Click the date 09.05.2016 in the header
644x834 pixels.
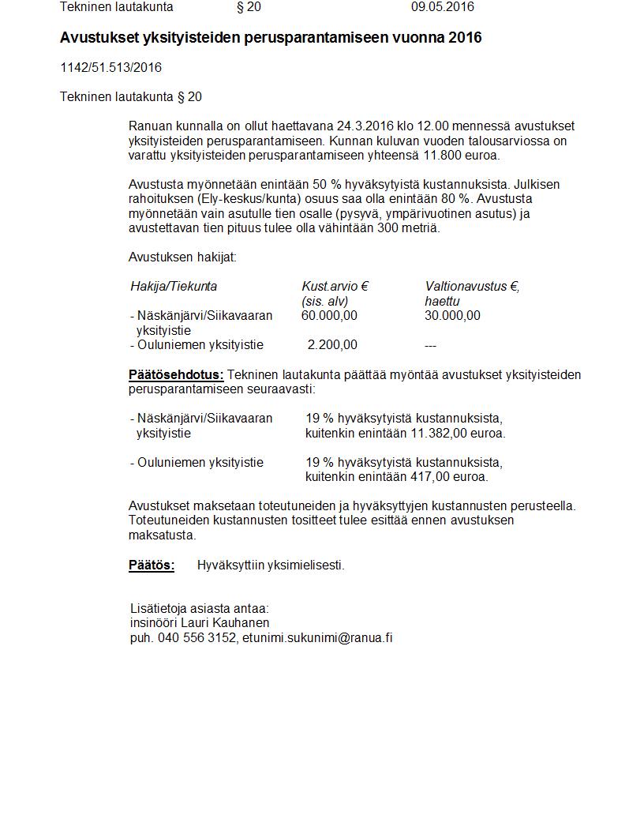tap(442, 7)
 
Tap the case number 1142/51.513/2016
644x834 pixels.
tap(110, 68)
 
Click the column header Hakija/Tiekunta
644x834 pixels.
tap(174, 287)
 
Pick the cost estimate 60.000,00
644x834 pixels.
tap(329, 316)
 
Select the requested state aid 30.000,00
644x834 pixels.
tap(452, 316)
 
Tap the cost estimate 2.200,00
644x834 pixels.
tap(332, 345)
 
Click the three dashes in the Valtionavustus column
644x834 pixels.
tap(431, 346)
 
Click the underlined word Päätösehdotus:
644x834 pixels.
tap(176, 374)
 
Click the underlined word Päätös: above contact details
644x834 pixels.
tap(152, 565)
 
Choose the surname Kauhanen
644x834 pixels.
tap(242, 623)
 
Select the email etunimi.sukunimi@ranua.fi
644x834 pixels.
tap(317, 638)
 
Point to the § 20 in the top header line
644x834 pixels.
tap(249, 7)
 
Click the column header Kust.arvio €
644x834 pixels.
tap(335, 287)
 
